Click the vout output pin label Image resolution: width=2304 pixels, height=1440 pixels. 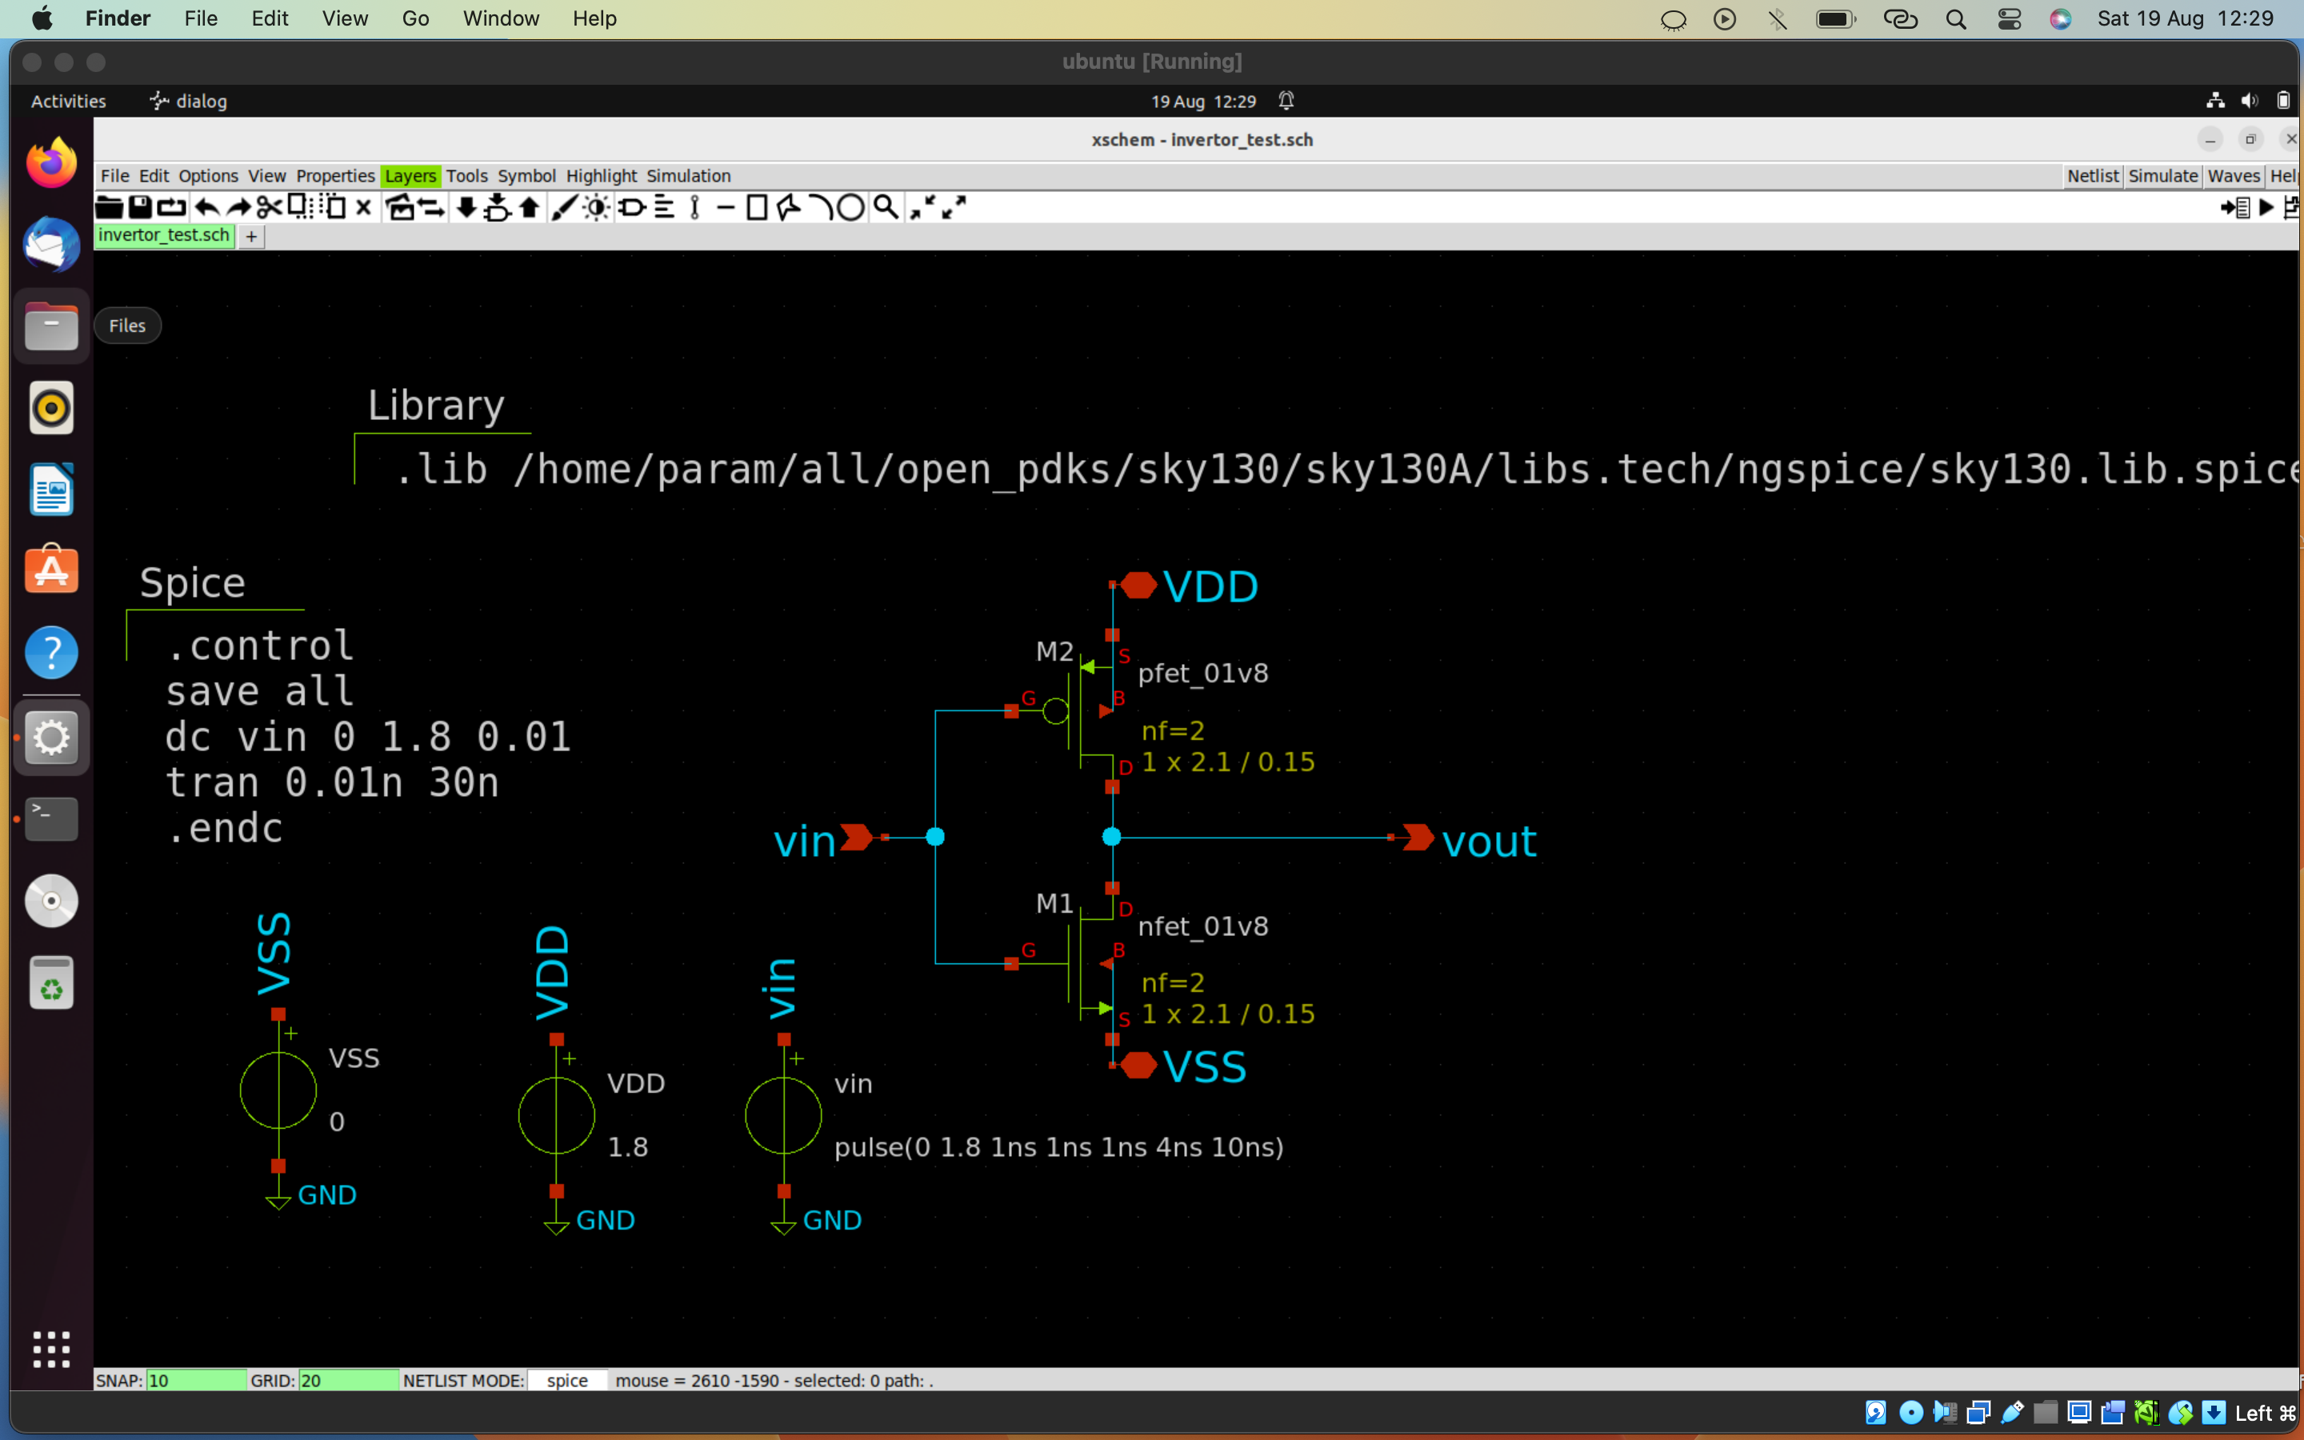(x=1488, y=842)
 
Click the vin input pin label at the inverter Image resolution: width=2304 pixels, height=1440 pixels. (x=805, y=842)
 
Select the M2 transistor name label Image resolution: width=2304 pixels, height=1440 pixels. (x=1054, y=651)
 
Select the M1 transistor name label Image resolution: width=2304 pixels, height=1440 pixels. (x=1054, y=903)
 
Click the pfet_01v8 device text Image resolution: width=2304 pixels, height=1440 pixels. (x=1202, y=674)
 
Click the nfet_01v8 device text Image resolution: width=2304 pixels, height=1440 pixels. (x=1202, y=926)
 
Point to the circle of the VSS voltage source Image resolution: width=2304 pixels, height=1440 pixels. (x=278, y=1090)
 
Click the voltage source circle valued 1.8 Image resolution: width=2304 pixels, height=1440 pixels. (x=557, y=1115)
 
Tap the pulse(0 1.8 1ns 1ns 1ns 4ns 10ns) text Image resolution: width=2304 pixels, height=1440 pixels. (x=1058, y=1146)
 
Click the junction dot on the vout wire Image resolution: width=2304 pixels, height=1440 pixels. (x=1111, y=837)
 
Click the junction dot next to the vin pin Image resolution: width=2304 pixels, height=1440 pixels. (x=935, y=837)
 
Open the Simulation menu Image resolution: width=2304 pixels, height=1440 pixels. (x=688, y=176)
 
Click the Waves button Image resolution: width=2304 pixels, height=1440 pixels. (x=2233, y=176)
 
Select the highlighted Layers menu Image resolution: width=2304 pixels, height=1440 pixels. (x=410, y=176)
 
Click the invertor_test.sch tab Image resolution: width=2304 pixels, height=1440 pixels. (x=164, y=235)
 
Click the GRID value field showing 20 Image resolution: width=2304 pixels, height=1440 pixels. (x=347, y=1380)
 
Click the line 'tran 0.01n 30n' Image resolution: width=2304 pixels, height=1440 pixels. (x=331, y=783)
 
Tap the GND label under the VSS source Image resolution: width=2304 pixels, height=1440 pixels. (x=326, y=1195)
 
